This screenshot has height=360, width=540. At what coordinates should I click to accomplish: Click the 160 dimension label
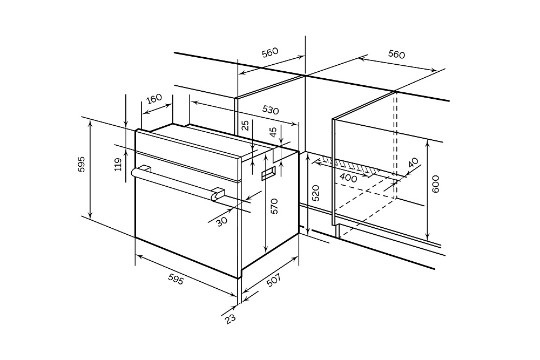pos(154,99)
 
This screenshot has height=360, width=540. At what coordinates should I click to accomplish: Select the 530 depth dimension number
pos(271,109)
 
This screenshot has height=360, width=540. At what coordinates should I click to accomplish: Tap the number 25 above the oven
pos(246,126)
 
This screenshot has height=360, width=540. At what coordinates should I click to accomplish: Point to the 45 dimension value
pos(273,131)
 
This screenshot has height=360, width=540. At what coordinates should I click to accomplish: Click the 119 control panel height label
pos(118,164)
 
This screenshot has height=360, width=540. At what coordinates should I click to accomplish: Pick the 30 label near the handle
pos(221,221)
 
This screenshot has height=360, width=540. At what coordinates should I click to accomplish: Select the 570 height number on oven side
pos(274,206)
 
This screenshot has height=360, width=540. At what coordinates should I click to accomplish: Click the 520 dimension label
pos(316,193)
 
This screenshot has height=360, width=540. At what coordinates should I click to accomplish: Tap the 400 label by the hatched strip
pos(348,176)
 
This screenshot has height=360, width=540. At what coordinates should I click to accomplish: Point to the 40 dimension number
pos(414,162)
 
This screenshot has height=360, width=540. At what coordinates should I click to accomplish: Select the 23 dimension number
pos(231,318)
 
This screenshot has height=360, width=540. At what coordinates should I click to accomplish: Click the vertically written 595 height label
pos(82,164)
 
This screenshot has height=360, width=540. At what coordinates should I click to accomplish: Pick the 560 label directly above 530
pos(269,52)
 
